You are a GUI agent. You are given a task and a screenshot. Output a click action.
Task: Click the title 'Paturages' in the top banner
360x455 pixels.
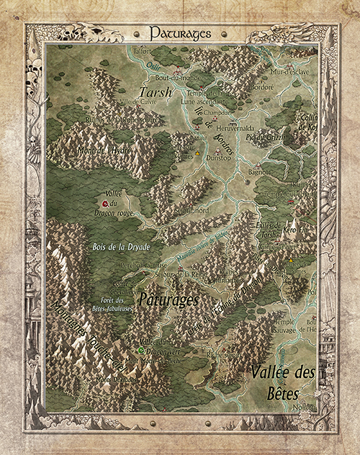(180, 33)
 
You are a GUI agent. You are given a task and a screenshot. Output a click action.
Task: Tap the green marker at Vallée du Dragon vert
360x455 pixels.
(141, 351)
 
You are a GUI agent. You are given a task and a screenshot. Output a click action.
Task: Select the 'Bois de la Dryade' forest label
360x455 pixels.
(121, 246)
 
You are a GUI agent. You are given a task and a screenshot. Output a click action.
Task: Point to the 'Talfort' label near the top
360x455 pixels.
(143, 52)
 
